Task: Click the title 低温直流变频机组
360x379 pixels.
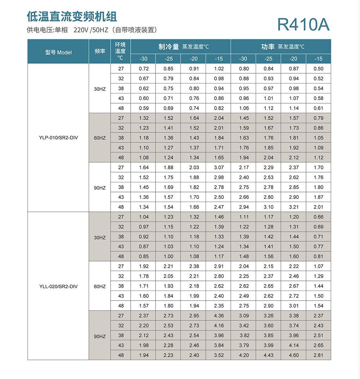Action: click(72, 16)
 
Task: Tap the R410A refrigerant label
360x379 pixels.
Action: click(303, 24)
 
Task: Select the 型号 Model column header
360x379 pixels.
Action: click(58, 52)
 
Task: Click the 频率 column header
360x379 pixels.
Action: click(100, 51)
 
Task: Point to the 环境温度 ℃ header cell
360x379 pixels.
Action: click(120, 51)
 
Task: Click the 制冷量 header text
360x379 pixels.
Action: click(168, 47)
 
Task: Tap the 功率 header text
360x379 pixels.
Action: click(268, 47)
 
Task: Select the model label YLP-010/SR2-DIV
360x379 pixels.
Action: click(58, 138)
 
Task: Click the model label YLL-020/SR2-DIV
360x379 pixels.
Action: click(58, 286)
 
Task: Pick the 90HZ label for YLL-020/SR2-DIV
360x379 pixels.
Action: click(100, 336)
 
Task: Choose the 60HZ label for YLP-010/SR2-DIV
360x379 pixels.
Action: click(100, 138)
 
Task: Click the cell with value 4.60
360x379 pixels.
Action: click(294, 355)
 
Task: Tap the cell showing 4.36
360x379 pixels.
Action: click(219, 316)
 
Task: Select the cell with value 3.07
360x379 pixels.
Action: click(219, 167)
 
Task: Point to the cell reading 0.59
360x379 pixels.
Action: click(144, 108)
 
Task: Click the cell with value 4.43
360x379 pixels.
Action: click(269, 355)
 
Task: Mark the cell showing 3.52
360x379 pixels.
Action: click(219, 355)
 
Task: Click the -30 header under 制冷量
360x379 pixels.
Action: click(144, 59)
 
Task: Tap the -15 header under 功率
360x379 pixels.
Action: click(318, 59)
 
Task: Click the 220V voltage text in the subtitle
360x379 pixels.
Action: click(81, 30)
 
